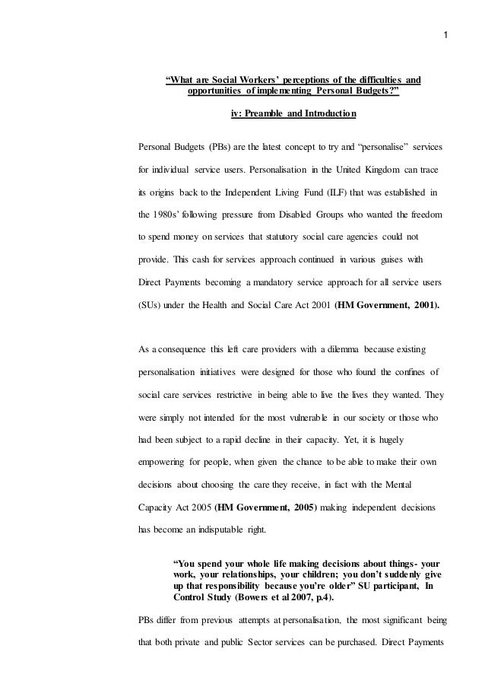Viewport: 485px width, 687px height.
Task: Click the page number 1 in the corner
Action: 449,35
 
